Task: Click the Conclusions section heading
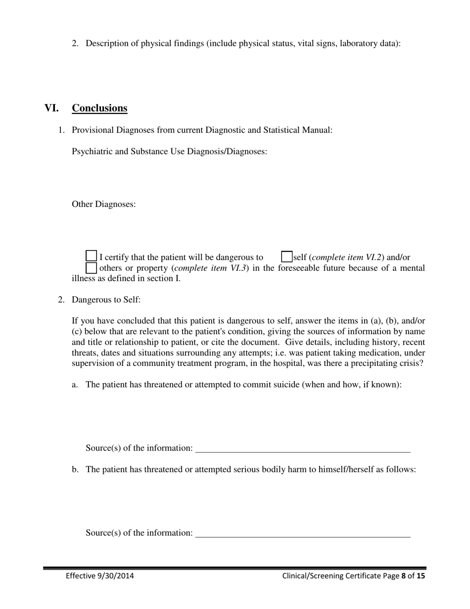(99, 108)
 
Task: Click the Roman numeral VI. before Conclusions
(51, 108)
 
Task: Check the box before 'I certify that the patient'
(92, 256)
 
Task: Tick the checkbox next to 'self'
(286, 257)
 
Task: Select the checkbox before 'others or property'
(92, 268)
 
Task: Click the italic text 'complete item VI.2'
(347, 257)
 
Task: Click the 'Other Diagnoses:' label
(104, 204)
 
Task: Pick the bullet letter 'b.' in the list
(75, 469)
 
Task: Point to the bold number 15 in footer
(421, 576)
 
